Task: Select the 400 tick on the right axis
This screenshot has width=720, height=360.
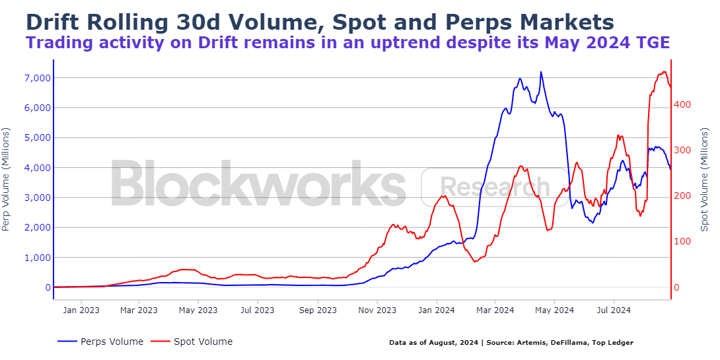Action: [x=683, y=104]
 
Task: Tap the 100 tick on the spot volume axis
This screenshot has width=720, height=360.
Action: [x=683, y=242]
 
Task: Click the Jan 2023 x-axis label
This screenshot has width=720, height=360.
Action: [x=81, y=309]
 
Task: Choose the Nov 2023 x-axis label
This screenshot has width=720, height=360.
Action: [x=377, y=309]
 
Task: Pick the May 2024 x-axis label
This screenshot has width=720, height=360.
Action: [x=554, y=309]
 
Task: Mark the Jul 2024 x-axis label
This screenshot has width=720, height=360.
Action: [x=614, y=309]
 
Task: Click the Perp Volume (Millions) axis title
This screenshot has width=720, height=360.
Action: [x=7, y=179]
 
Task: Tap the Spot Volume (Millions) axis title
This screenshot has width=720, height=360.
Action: [x=704, y=179]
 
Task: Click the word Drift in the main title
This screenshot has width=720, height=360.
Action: [x=52, y=22]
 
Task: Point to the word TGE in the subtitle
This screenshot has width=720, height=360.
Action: [x=651, y=43]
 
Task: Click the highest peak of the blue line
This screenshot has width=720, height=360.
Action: [x=541, y=72]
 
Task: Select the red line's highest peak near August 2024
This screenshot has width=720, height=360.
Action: [x=663, y=71]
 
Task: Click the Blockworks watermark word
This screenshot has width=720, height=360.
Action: [x=258, y=183]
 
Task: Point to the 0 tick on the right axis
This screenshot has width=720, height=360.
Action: [x=676, y=287]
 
